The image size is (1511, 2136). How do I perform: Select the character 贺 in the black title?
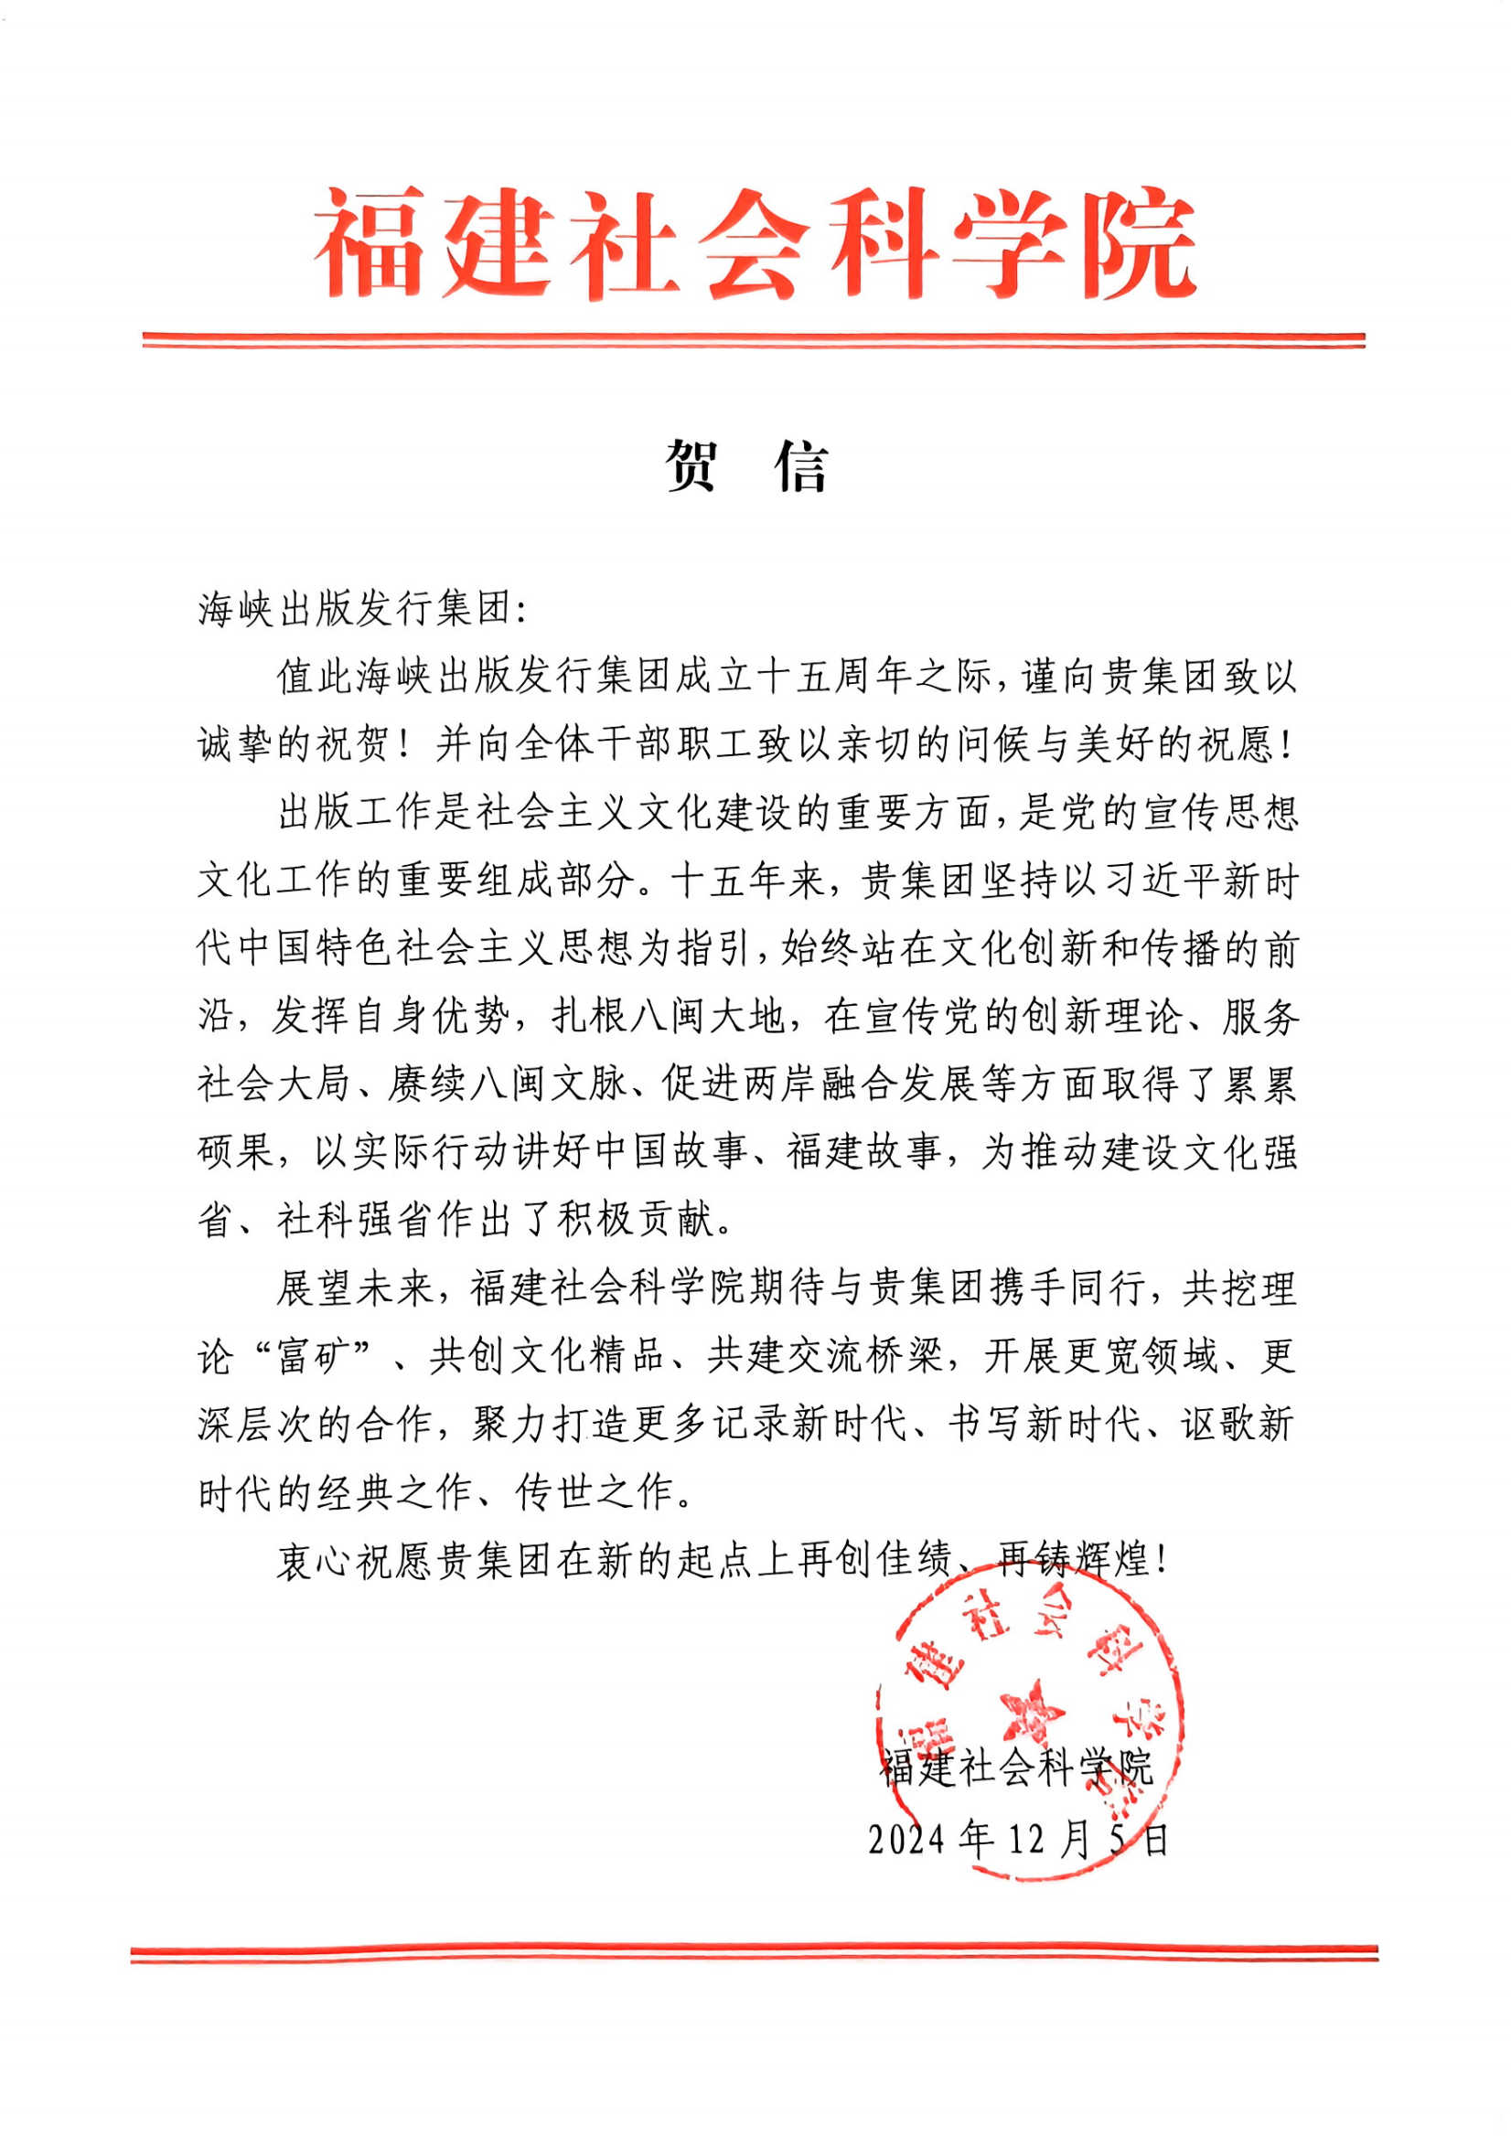coord(692,465)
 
